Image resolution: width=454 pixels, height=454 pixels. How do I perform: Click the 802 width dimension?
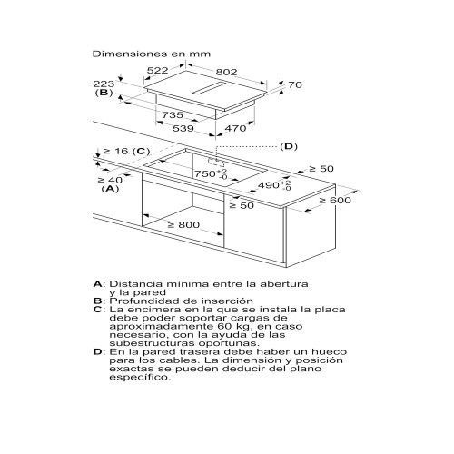[x=226, y=72]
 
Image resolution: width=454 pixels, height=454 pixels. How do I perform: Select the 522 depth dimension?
[x=157, y=71]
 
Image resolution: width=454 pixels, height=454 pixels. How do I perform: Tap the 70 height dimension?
[x=295, y=84]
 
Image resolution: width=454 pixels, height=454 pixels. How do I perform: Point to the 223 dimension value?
[x=104, y=84]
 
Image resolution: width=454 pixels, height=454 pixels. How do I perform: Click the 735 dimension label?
[x=173, y=115]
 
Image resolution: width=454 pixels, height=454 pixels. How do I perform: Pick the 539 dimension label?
[x=183, y=128]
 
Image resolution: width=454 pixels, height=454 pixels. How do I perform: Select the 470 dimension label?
[x=235, y=128]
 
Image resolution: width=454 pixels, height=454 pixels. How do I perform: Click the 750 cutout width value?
[x=205, y=173]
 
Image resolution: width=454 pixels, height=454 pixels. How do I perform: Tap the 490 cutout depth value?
[x=269, y=185]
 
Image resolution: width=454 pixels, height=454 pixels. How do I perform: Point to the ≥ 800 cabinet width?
[x=184, y=225]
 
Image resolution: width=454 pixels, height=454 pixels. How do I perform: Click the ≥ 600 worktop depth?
[x=335, y=201]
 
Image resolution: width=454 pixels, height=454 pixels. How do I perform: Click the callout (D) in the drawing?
[x=289, y=147]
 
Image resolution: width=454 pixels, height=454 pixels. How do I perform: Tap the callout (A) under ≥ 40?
[x=110, y=189]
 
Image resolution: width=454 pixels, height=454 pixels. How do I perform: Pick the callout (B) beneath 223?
[x=104, y=93]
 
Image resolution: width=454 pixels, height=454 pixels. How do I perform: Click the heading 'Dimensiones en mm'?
[x=152, y=54]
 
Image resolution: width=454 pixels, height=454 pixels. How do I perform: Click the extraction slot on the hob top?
[x=210, y=88]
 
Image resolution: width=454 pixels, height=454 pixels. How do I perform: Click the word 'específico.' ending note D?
[x=140, y=378]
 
